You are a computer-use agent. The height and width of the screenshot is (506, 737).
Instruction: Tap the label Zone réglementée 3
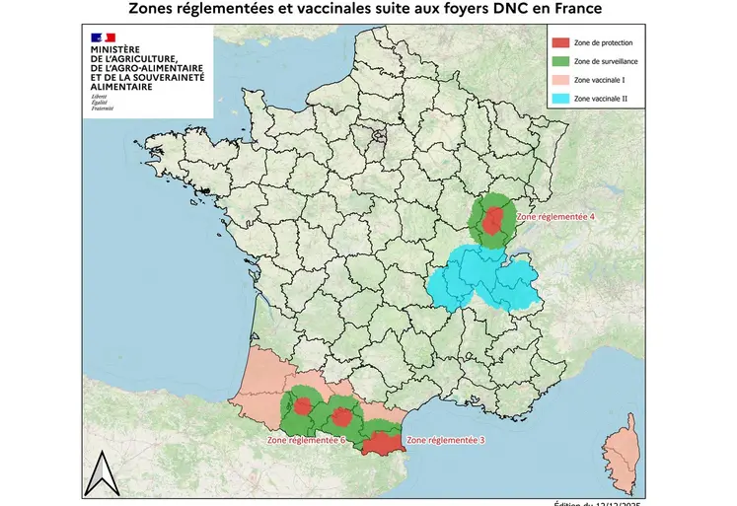pyautogui.click(x=445, y=439)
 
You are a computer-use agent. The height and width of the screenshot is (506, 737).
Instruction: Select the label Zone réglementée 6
pyautogui.click(x=306, y=440)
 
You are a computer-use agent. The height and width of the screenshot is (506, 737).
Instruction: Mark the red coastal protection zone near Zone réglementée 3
pyautogui.click(x=379, y=445)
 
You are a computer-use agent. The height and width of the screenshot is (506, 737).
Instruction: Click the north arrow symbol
pyautogui.click(x=100, y=474)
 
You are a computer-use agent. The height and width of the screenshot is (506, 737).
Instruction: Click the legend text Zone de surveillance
pyautogui.click(x=605, y=62)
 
